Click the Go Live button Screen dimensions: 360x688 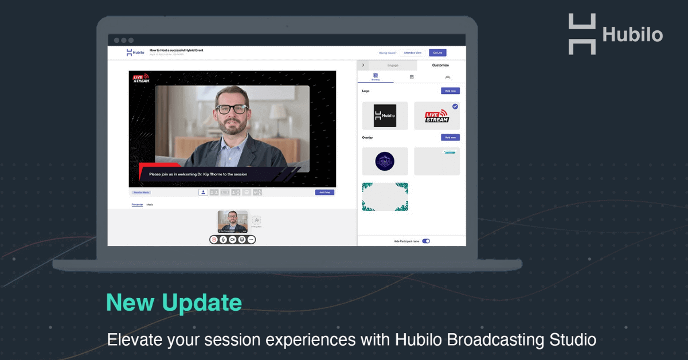coord(437,53)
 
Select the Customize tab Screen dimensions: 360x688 coord(440,65)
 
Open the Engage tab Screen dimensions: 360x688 coord(393,65)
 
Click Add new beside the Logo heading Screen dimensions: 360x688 coord(450,91)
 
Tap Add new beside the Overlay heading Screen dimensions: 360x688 coord(450,138)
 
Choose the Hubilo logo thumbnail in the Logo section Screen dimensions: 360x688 coord(385,116)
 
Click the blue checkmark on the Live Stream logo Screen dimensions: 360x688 coord(455,107)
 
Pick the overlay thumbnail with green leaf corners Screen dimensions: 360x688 coord(385,197)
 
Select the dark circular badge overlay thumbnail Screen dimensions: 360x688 coord(385,161)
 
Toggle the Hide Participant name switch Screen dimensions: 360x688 coord(426,241)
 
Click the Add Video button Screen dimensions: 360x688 coord(325,193)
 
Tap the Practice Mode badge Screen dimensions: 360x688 coord(141,193)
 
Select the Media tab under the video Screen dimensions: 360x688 coord(150,205)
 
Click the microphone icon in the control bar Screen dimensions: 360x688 coord(223,240)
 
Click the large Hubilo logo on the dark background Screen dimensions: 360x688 coord(615,34)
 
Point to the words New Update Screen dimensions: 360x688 coord(174,302)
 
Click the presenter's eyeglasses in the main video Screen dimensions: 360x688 coord(232,109)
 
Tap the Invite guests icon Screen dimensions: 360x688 coord(256,220)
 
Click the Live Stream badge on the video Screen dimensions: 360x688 coord(140,79)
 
